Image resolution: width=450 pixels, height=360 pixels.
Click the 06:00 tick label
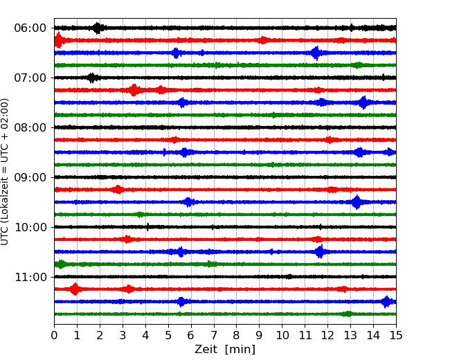30,28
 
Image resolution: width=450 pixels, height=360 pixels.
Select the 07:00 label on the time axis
30,78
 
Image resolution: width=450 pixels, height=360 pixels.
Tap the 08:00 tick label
30,127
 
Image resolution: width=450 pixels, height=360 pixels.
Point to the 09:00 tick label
30,177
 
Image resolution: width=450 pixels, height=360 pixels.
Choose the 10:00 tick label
30,227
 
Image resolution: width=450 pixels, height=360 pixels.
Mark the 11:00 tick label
30,277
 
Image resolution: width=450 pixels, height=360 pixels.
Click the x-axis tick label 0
54,335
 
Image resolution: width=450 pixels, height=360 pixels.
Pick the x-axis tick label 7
213,335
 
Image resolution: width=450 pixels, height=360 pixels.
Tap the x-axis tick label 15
396,335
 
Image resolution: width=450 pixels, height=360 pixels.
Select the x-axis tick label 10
282,335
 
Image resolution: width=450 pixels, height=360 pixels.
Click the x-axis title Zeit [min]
225,350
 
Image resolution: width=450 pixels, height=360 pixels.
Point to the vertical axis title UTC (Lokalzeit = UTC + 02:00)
5,172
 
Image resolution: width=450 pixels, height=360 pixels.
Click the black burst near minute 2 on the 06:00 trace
98,28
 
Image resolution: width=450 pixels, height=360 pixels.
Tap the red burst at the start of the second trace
59,40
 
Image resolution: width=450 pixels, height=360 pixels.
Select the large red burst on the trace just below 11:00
75,289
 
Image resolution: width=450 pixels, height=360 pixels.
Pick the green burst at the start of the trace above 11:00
60,264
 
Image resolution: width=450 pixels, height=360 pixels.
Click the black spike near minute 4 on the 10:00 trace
147,227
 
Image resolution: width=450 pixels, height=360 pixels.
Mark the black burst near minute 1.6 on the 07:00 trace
91,78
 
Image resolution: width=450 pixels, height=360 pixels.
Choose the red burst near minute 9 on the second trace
262,40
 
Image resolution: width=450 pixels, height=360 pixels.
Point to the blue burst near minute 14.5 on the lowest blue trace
387,302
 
